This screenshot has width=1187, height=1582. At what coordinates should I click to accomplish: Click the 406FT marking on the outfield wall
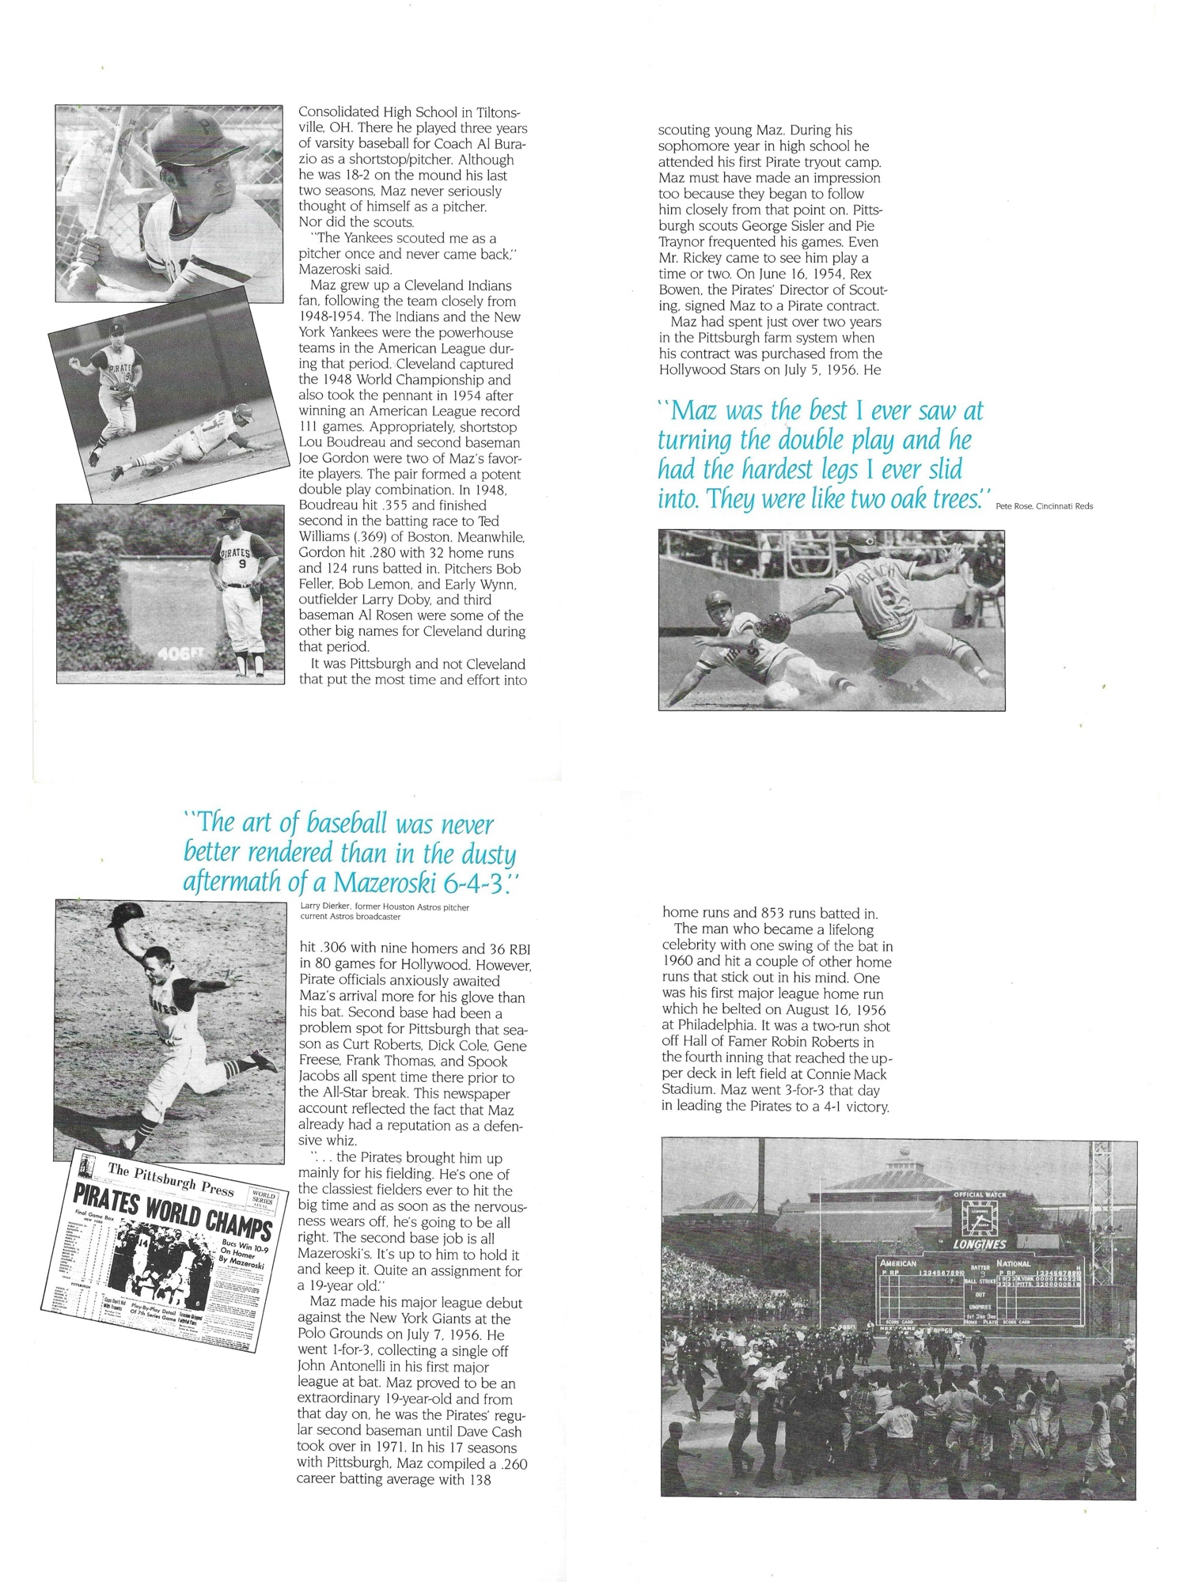(x=180, y=654)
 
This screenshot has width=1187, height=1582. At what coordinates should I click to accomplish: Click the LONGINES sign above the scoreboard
(x=979, y=1243)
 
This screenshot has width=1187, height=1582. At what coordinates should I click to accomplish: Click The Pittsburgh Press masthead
(x=171, y=1179)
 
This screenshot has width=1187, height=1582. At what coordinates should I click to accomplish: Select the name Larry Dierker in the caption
(x=324, y=907)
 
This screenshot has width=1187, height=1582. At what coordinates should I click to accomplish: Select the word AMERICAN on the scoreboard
(x=898, y=1264)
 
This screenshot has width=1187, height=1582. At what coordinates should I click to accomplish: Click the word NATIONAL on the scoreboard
(x=1013, y=1264)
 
